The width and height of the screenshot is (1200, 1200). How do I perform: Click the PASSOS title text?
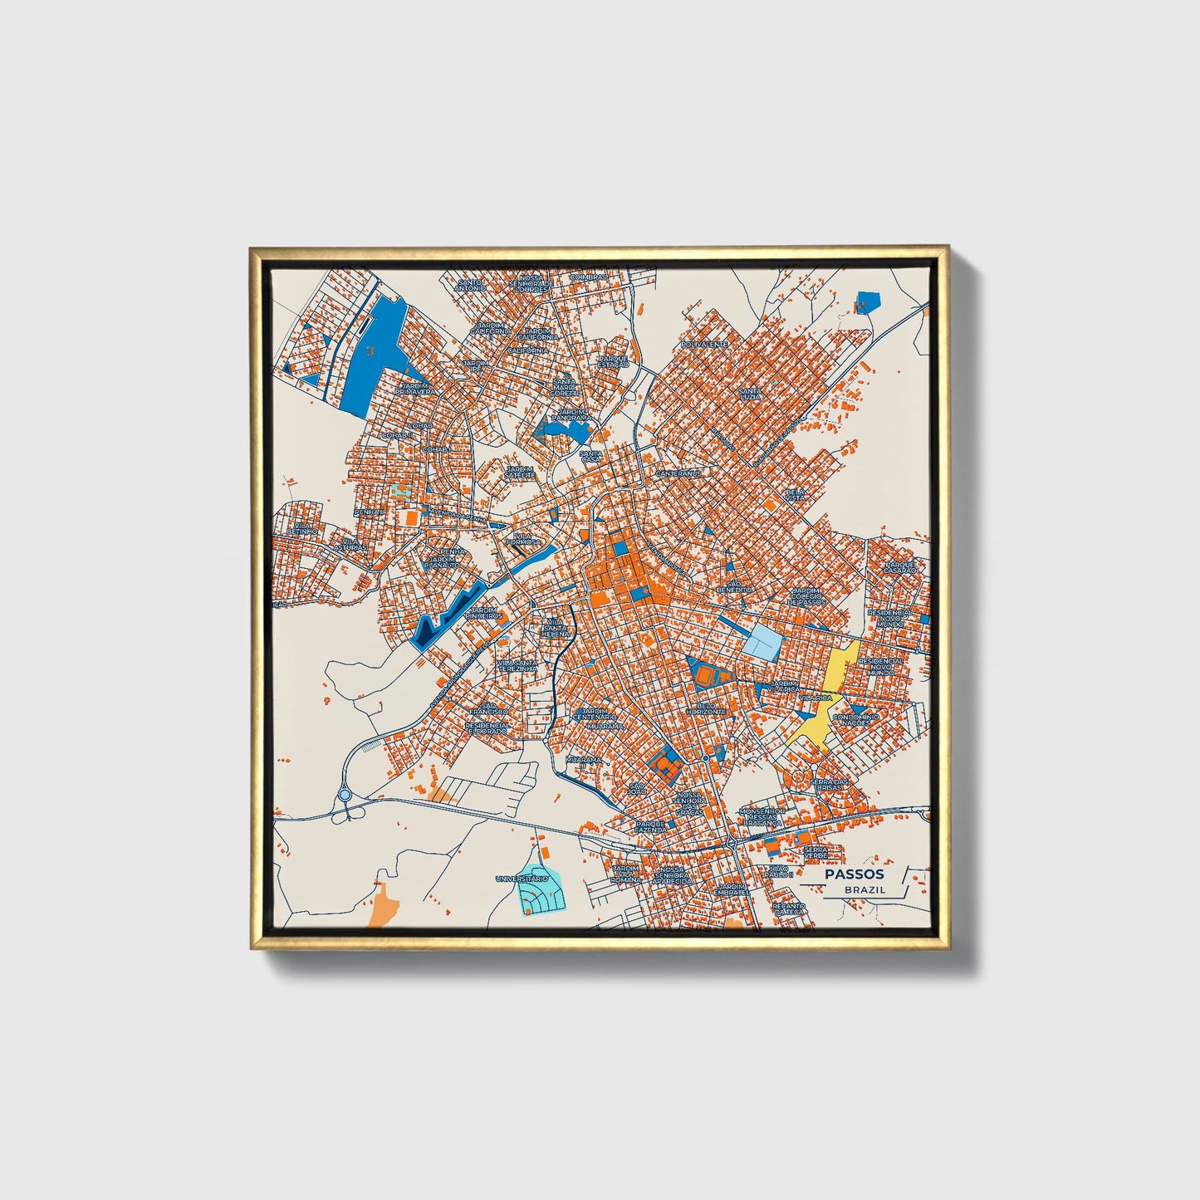[855, 874]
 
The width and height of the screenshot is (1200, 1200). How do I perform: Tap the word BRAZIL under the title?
[864, 889]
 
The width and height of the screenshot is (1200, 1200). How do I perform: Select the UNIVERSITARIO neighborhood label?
[522, 878]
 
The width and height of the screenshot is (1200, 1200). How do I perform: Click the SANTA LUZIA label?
[750, 393]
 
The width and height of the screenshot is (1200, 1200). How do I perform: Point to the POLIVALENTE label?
[704, 343]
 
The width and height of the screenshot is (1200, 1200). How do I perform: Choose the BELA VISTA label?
[796, 494]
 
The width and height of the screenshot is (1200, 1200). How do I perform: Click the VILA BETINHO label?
[302, 527]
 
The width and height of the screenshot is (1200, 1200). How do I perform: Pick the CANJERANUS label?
[678, 473]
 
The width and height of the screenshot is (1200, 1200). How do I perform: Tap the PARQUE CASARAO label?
[899, 568]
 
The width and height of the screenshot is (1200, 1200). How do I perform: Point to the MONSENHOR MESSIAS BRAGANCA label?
[761, 816]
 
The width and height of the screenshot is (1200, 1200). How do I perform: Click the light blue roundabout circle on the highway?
[345, 795]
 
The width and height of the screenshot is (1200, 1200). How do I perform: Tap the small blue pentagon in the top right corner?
[868, 301]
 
